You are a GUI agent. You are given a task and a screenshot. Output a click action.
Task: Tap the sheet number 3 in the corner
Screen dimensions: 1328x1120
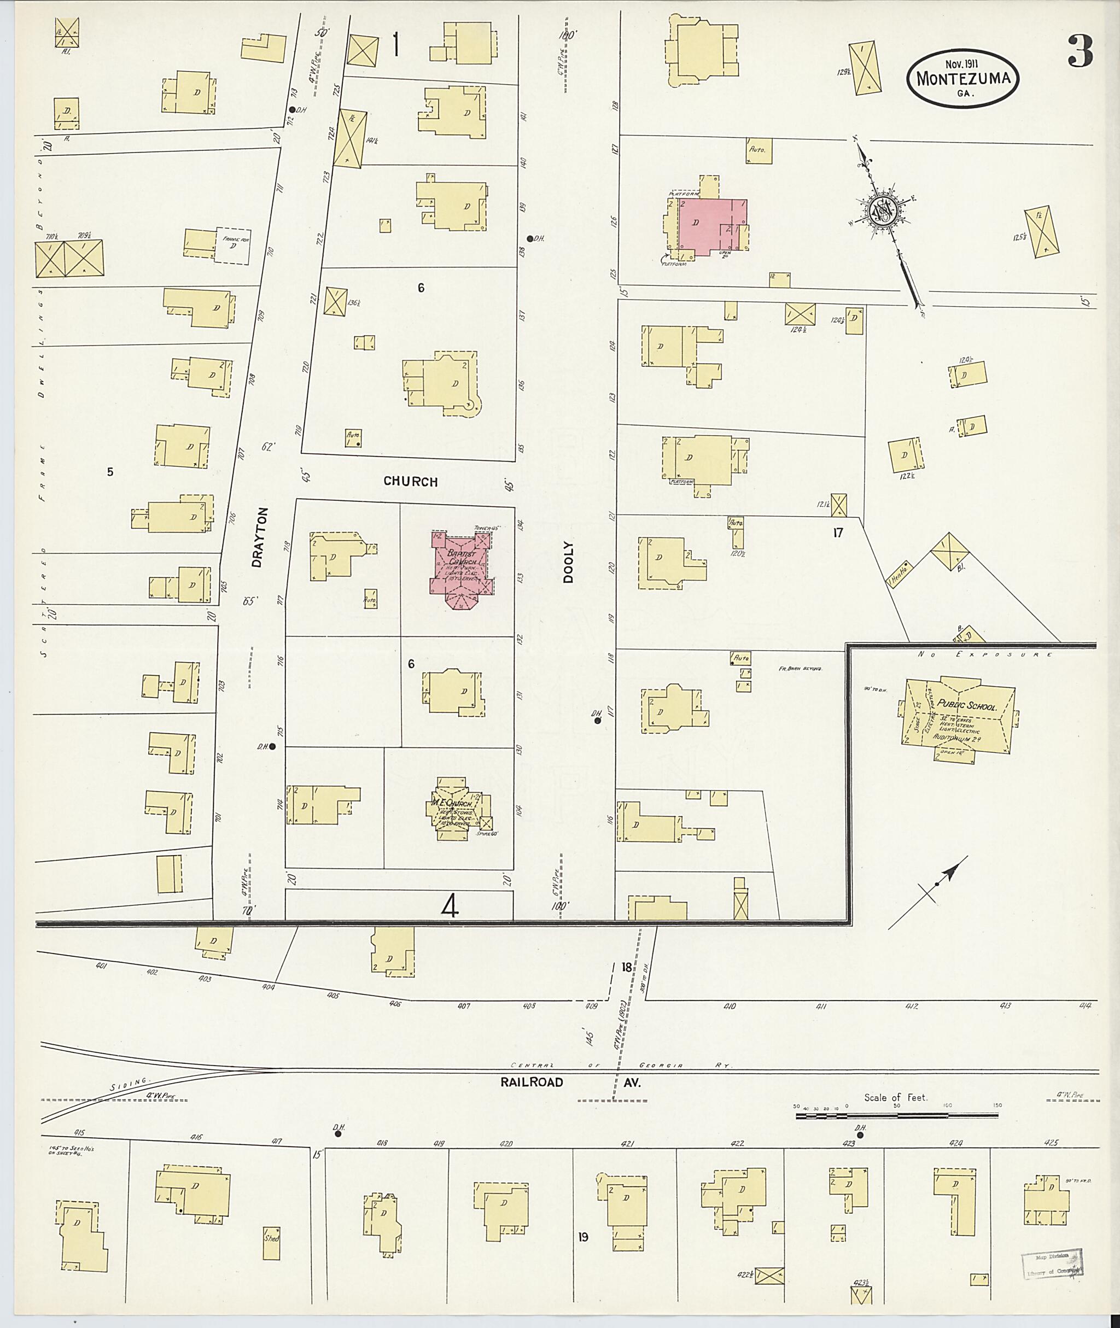tap(1080, 51)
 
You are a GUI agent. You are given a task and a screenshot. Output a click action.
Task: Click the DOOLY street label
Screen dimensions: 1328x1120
tap(568, 562)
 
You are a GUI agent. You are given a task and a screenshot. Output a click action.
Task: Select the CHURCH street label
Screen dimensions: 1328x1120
tap(410, 482)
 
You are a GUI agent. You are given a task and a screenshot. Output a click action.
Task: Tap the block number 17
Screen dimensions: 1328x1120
tap(838, 533)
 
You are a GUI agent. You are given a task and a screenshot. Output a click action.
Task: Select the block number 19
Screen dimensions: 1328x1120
tap(584, 1237)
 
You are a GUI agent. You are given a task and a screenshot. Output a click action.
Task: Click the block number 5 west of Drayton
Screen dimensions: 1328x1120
tap(110, 472)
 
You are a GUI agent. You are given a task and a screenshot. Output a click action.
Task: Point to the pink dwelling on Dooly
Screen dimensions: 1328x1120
tap(711, 226)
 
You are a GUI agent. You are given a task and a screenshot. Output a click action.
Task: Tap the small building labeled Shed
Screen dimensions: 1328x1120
tap(272, 1238)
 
